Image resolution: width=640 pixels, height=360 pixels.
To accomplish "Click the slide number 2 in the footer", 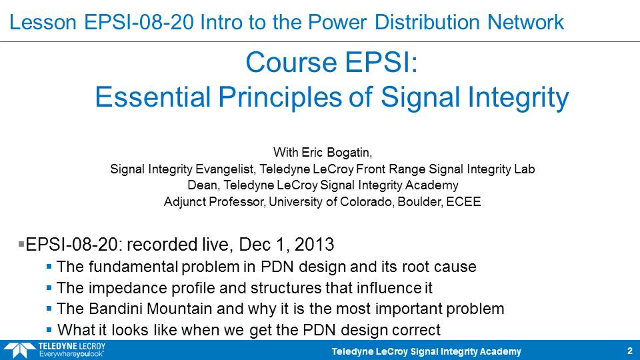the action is (x=630, y=351).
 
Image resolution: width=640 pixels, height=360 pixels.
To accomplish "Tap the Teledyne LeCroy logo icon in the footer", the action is (x=19, y=351).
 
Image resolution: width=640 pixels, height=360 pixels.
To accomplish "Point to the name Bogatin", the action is (x=349, y=153).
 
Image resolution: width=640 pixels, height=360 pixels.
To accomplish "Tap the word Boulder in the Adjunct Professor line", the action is (x=420, y=201).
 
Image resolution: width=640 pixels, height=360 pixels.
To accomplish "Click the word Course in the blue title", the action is (x=291, y=63).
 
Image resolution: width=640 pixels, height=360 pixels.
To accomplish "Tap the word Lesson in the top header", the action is (x=43, y=22).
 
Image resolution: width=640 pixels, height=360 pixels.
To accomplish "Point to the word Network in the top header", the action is (x=525, y=22).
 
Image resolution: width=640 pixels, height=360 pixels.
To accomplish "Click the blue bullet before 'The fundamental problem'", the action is (x=49, y=267).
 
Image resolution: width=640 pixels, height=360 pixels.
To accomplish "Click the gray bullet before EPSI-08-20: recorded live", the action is (x=21, y=244).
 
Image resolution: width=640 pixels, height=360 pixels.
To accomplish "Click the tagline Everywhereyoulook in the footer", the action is (x=71, y=354).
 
